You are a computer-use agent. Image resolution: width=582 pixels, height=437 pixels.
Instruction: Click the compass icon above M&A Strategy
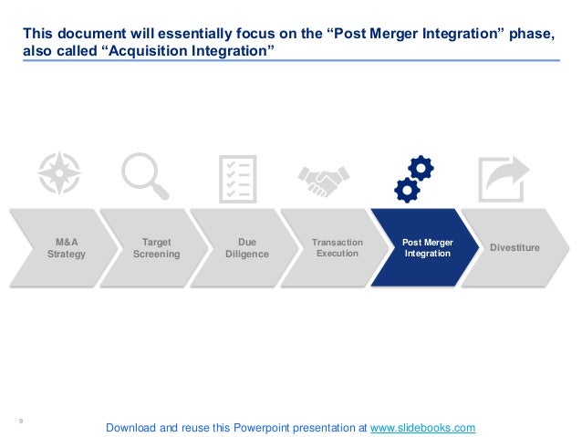click(59, 173)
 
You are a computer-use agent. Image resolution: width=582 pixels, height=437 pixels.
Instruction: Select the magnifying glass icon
click(146, 175)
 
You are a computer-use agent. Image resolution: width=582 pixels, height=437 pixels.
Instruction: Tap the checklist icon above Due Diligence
click(238, 178)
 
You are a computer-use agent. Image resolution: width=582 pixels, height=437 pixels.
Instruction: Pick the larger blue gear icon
click(421, 168)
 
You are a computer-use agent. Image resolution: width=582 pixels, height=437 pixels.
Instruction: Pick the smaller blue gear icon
click(407, 189)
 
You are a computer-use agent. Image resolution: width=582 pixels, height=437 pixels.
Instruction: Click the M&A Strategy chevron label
click(66, 248)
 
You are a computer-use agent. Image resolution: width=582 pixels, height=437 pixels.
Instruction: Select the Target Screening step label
click(156, 248)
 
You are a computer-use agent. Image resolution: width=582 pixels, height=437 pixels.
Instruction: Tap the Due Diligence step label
click(246, 248)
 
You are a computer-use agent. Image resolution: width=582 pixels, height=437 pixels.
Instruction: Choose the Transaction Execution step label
click(337, 247)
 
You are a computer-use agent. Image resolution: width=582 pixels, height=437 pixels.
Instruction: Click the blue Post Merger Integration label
click(428, 247)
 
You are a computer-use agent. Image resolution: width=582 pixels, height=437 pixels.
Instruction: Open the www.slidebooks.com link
click(422, 427)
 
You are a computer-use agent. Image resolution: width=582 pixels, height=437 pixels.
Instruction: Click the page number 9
click(21, 421)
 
